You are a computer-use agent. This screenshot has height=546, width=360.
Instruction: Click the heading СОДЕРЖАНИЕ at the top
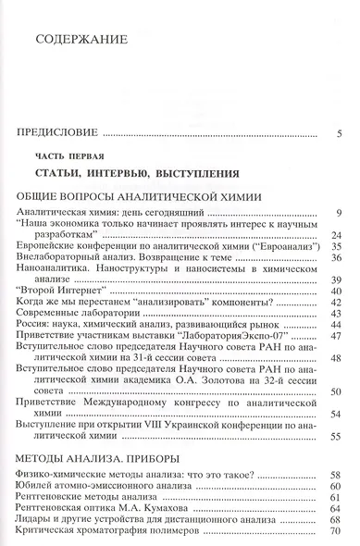coord(80,41)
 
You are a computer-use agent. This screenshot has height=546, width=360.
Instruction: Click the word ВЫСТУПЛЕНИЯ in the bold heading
coord(202,173)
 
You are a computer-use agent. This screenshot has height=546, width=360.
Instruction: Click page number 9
coord(341,215)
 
